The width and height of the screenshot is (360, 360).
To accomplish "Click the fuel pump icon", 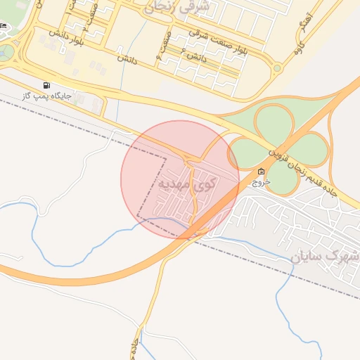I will [47, 84].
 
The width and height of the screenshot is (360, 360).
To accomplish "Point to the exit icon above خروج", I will [261, 172].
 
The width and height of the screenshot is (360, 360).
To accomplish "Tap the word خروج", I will [261, 181].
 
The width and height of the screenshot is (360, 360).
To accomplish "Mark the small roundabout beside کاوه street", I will [277, 69].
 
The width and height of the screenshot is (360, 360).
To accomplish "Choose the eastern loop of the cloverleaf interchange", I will [307, 148].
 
